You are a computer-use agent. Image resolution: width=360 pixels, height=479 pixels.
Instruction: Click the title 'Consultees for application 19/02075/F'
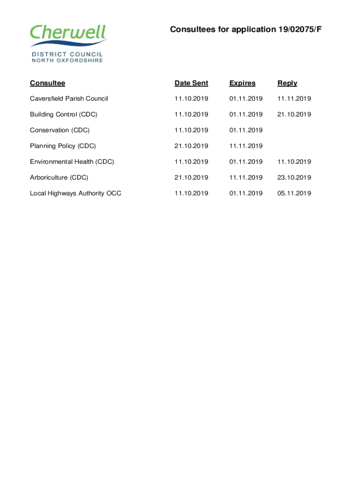pyautogui.click(x=246, y=30)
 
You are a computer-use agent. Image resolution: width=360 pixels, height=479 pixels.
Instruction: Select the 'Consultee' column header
pyautogui.click(x=47, y=83)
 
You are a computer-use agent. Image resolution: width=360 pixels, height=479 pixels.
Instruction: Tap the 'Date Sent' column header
pyautogui.click(x=191, y=83)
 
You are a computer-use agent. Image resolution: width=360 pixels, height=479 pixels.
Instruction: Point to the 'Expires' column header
pyautogui.click(x=242, y=83)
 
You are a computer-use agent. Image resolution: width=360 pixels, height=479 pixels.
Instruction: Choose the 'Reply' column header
pyautogui.click(x=287, y=83)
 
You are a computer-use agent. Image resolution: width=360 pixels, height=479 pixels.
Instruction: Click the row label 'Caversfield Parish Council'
pyautogui.click(x=69, y=99)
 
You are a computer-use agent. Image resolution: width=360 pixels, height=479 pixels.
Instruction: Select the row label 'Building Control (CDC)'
pyautogui.click(x=64, y=115)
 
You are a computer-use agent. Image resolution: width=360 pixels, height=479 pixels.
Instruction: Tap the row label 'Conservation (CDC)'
pyautogui.click(x=60, y=130)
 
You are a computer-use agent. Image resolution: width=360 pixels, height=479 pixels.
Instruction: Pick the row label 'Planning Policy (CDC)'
pyautogui.click(x=63, y=146)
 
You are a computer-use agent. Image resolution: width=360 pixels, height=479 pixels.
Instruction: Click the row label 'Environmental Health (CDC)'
pyautogui.click(x=72, y=162)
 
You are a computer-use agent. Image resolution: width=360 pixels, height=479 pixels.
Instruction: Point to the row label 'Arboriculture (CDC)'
pyautogui.click(x=59, y=178)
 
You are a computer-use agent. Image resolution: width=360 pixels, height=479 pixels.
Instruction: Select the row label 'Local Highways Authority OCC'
pyautogui.click(x=75, y=193)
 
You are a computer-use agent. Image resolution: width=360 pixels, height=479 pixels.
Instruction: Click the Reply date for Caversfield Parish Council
pyautogui.click(x=294, y=99)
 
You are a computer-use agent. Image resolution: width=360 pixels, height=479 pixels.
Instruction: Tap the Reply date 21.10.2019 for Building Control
pyautogui.click(x=294, y=115)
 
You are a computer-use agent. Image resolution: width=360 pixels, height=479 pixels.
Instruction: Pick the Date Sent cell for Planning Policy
pyautogui.click(x=191, y=146)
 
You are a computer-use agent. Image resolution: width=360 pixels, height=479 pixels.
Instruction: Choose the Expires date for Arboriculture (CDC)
pyautogui.click(x=246, y=178)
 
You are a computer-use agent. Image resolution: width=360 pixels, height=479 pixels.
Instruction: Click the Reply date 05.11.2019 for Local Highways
pyautogui.click(x=294, y=193)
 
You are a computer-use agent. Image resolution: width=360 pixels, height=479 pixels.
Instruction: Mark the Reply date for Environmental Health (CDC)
pyautogui.click(x=294, y=162)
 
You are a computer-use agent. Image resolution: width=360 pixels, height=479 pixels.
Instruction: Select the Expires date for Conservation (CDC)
pyautogui.click(x=246, y=130)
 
